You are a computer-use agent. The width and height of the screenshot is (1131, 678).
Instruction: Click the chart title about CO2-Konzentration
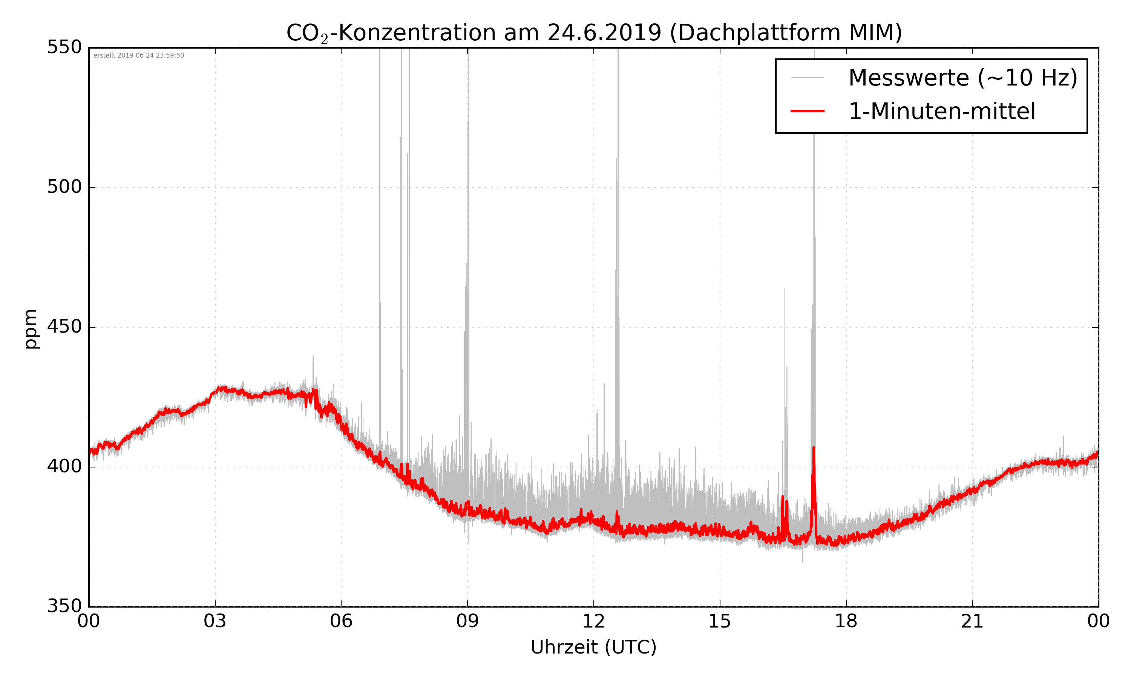pyautogui.click(x=594, y=33)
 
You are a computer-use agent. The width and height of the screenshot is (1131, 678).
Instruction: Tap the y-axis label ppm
pyautogui.click(x=31, y=328)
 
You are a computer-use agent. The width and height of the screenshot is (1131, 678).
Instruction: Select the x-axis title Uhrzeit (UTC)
pyautogui.click(x=593, y=647)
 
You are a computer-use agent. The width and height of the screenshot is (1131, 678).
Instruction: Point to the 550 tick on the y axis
pyautogui.click(x=64, y=47)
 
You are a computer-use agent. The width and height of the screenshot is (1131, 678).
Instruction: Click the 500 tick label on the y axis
pyautogui.click(x=64, y=187)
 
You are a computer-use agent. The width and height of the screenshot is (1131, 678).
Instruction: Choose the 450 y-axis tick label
pyautogui.click(x=64, y=327)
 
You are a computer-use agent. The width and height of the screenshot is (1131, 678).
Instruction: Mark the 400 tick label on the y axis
pyautogui.click(x=64, y=466)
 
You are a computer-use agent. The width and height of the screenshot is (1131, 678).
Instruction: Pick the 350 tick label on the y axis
pyautogui.click(x=64, y=606)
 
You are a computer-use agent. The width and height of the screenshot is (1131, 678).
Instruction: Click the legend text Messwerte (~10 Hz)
pyautogui.click(x=963, y=78)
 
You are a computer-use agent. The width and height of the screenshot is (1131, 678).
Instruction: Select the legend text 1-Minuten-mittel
pyautogui.click(x=942, y=111)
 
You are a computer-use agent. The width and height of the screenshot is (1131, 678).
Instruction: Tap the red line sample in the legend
pyautogui.click(x=807, y=111)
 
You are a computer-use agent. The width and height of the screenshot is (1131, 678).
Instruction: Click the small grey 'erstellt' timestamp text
pyautogui.click(x=138, y=55)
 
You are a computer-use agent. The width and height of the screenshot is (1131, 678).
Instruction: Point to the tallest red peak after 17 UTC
pyautogui.click(x=814, y=449)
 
